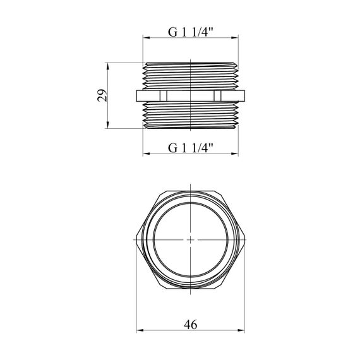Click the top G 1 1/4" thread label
point(191,32)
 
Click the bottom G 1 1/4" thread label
point(191,148)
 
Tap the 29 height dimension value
point(102,95)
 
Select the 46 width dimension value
point(190,325)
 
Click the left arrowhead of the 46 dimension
point(140,330)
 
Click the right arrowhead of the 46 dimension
point(241,330)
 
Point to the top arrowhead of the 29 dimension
point(107,66)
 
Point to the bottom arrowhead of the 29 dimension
point(107,125)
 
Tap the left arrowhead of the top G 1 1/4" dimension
point(147,38)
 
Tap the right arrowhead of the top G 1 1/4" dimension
point(235,38)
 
